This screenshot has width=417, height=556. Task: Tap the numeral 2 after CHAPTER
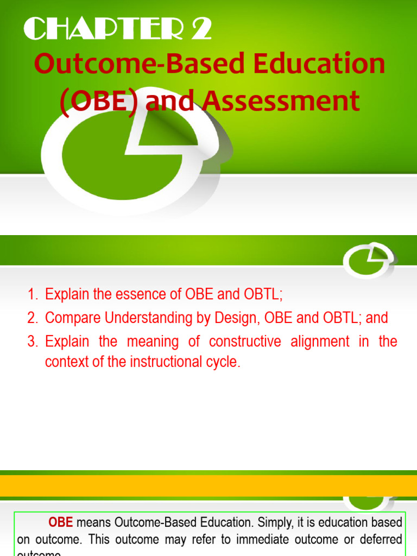200,30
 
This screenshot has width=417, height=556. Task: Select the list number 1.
32,295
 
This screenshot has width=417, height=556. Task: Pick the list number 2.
32,318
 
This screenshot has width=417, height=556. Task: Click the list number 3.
32,342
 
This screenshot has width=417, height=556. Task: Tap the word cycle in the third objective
223,362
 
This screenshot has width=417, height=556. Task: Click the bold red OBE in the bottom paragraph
61,523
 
